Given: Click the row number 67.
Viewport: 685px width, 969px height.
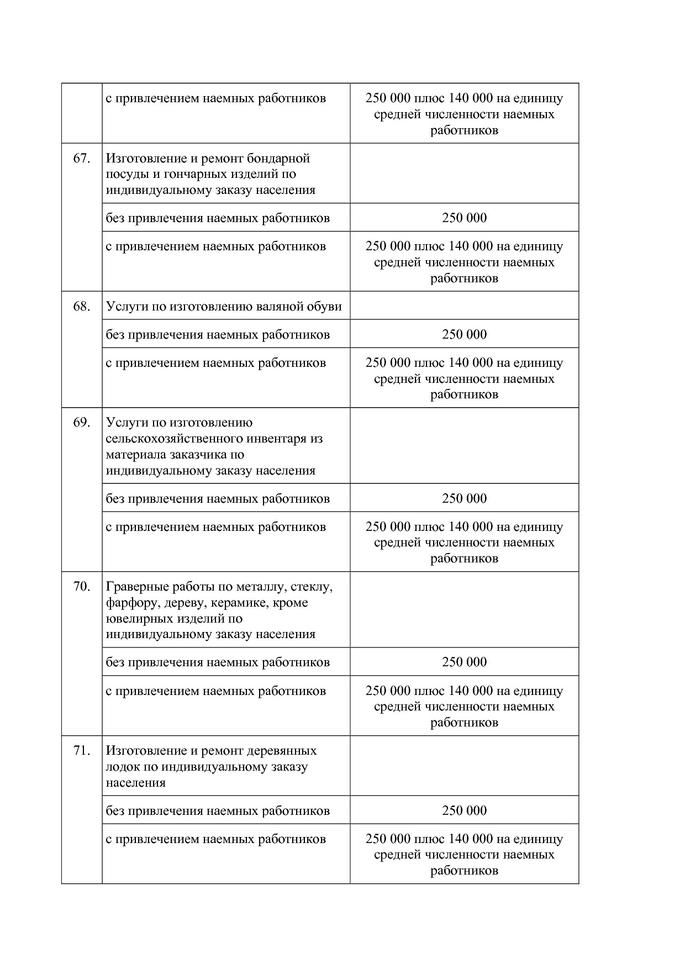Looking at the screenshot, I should pyautogui.click(x=81, y=159).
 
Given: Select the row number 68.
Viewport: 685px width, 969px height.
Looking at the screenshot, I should pyautogui.click(x=81, y=307).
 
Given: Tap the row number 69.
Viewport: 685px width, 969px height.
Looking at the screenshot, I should pyautogui.click(x=81, y=423).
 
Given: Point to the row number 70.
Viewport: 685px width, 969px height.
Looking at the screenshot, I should pyautogui.click(x=81, y=586).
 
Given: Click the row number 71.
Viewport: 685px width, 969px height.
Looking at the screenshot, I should pyautogui.click(x=81, y=751).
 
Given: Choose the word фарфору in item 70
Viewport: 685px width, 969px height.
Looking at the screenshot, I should pyautogui.click(x=128, y=602).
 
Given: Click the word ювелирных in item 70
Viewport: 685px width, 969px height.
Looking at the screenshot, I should pyautogui.click(x=135, y=618).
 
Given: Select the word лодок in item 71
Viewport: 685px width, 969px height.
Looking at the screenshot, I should pyautogui.click(x=122, y=767).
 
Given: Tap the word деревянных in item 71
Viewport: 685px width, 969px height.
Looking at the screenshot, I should pyautogui.click(x=282, y=751).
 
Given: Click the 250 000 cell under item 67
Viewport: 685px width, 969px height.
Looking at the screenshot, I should pyautogui.click(x=464, y=218).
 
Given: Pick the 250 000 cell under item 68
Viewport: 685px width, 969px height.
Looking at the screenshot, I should pyautogui.click(x=464, y=334).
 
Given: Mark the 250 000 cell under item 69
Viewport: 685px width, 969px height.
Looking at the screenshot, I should pyautogui.click(x=464, y=498).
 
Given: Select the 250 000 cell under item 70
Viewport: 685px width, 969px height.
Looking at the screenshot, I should pyautogui.click(x=464, y=662).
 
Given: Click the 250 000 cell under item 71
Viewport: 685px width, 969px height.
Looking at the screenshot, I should pyautogui.click(x=464, y=810).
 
